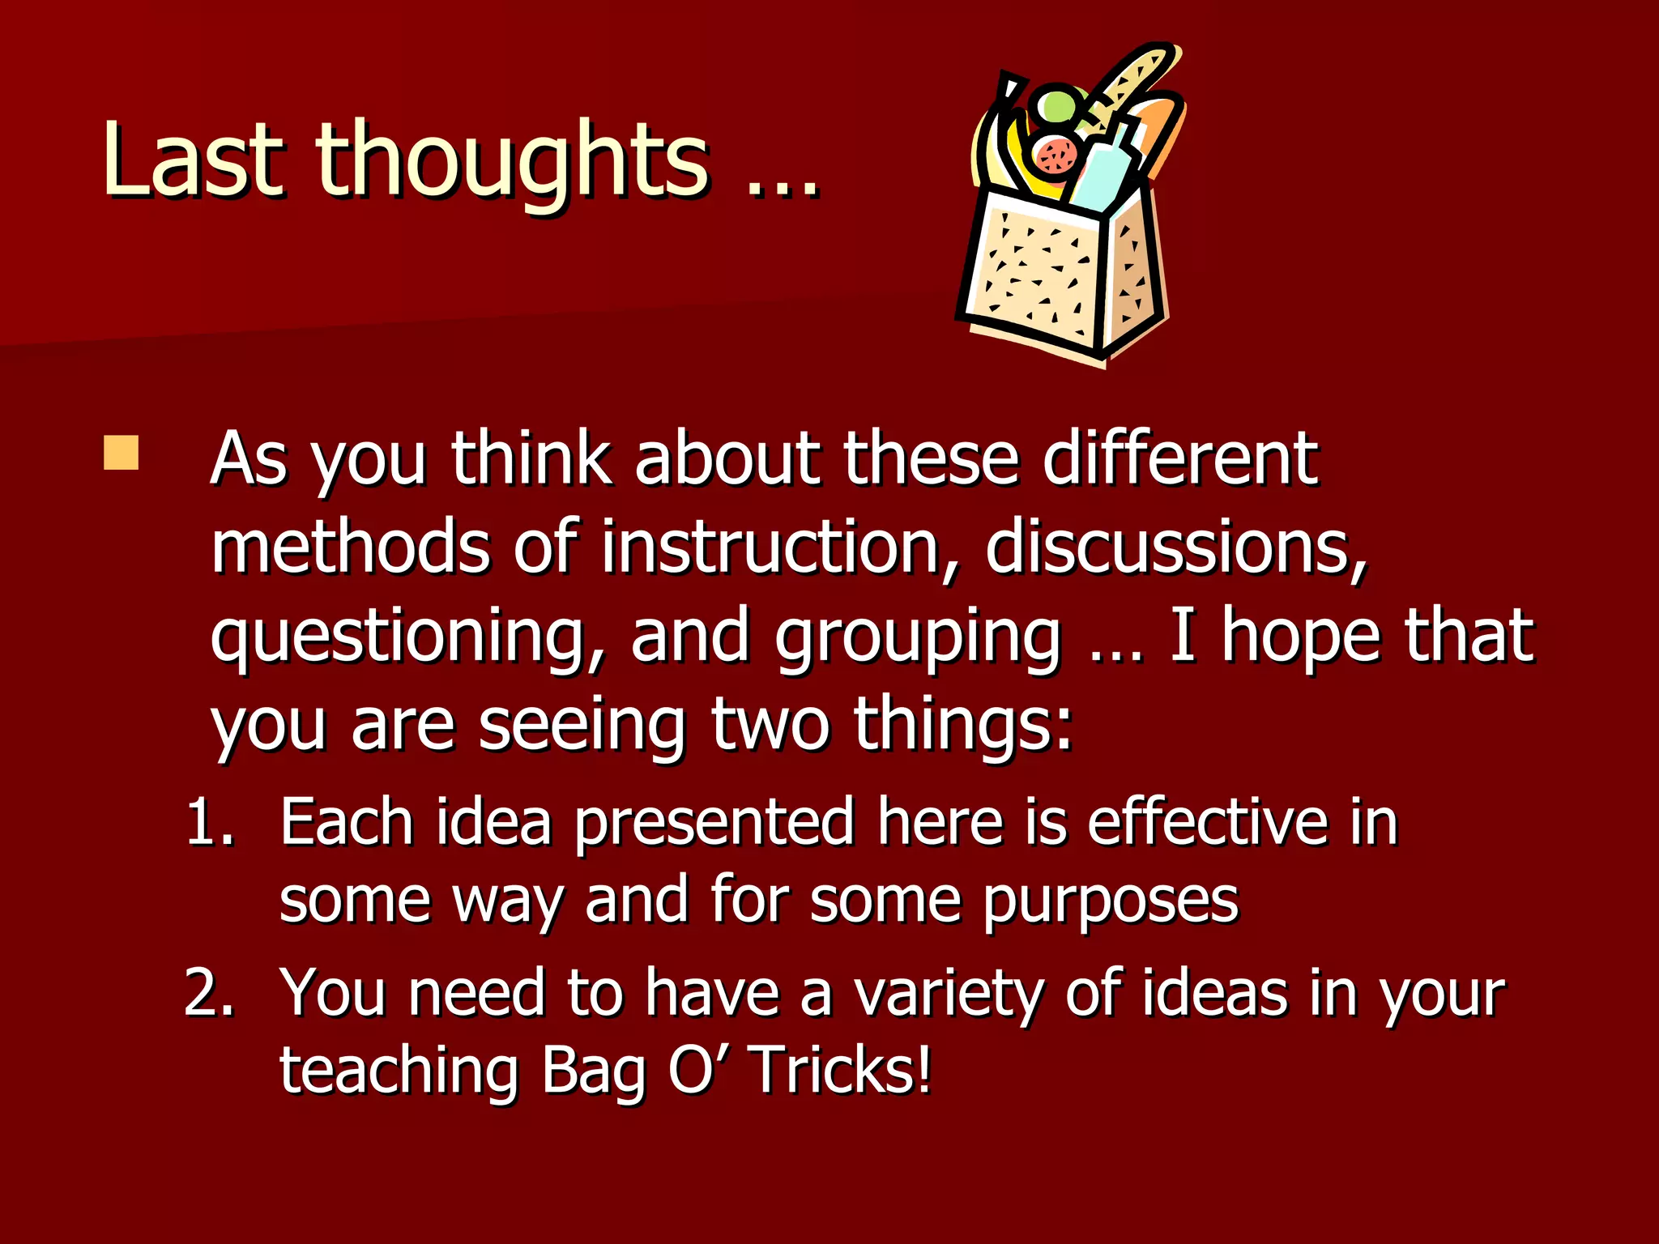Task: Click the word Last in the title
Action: (193, 159)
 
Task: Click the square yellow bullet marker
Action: (122, 454)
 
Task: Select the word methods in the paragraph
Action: (350, 547)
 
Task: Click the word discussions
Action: (1175, 547)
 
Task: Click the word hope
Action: (1300, 637)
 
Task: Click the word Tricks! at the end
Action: (842, 1071)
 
